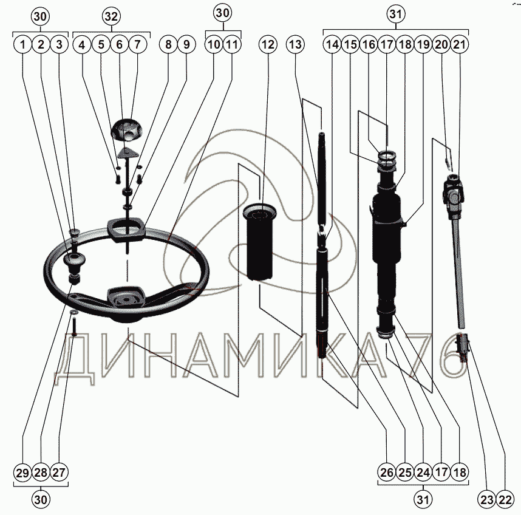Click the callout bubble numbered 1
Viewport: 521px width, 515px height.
[x=23, y=44]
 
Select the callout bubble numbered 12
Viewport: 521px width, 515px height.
[x=268, y=44]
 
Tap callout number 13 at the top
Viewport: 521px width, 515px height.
[x=295, y=44]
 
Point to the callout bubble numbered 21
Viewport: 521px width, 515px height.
[x=459, y=44]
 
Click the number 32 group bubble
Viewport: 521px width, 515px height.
[x=111, y=16]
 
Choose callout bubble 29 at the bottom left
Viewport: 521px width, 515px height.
[x=23, y=472]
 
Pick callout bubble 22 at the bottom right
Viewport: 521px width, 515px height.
[x=505, y=499]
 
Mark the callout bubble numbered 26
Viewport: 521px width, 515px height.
[x=387, y=472]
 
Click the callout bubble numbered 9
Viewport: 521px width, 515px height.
[x=186, y=44]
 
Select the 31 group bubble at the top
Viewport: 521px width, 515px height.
[x=396, y=15]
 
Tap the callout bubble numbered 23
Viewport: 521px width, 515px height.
[x=487, y=499]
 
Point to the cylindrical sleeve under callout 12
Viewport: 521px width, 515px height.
[x=259, y=242]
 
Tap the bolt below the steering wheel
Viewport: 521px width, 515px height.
[x=74, y=326]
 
